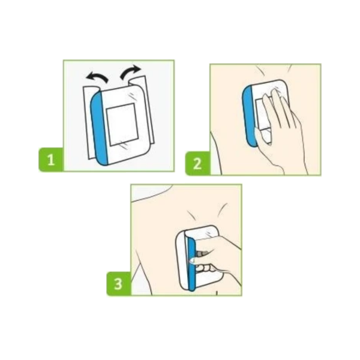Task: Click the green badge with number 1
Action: click(51, 160)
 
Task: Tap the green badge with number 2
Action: click(197, 163)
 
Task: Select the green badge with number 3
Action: click(118, 284)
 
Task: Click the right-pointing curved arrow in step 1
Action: click(130, 71)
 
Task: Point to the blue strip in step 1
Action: click(99, 128)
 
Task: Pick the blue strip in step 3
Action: click(191, 264)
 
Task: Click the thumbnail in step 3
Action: click(192, 260)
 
